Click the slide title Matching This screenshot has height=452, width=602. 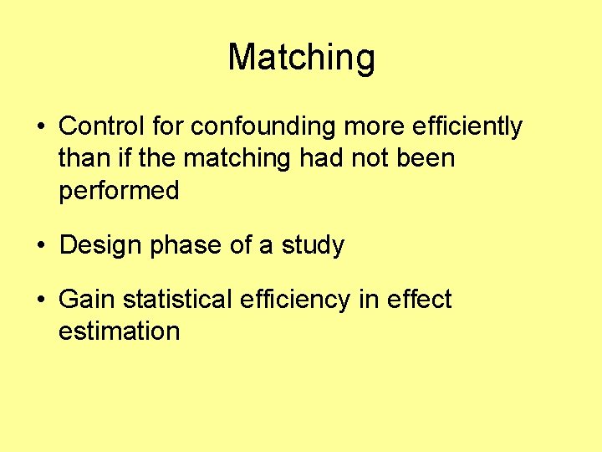301,58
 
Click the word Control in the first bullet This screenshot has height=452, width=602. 102,126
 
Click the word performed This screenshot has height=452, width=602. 119,191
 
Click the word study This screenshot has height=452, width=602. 313,245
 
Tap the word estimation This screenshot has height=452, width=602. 119,331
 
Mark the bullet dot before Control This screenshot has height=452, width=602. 40,128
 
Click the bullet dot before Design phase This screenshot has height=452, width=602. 40,247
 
